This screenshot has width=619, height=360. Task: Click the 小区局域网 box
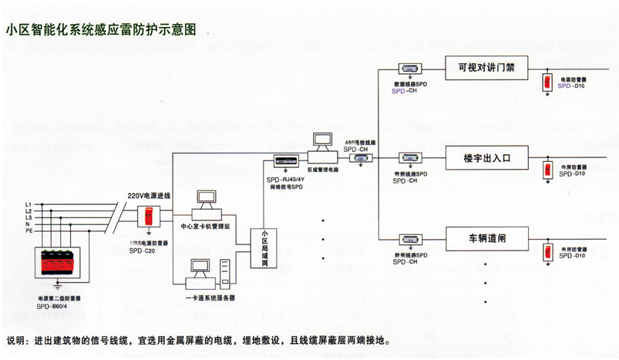[264, 247]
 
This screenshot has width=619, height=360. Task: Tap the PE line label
[29, 230]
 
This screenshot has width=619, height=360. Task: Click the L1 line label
[29, 203]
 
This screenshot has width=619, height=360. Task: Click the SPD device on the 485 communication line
[359, 157]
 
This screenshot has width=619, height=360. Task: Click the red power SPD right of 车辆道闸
[548, 251]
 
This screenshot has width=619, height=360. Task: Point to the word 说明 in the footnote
[17, 340]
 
